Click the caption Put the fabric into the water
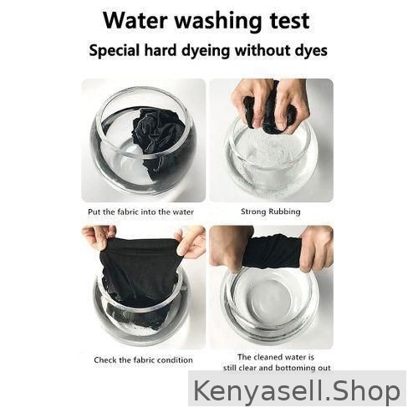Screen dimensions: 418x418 [x=140, y=212]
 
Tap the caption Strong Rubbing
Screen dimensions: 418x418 [x=271, y=212]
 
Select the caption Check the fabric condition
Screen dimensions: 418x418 [x=143, y=360]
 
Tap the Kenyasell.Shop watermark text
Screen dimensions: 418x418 [x=297, y=390]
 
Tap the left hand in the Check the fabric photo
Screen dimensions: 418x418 [x=98, y=237]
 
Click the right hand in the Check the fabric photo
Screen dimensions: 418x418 [x=191, y=241]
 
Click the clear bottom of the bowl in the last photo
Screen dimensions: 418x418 [x=270, y=299]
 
